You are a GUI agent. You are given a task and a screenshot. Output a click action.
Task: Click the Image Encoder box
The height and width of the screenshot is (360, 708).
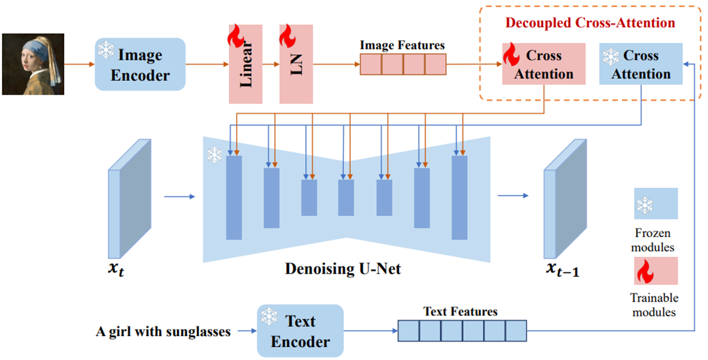click(139, 64)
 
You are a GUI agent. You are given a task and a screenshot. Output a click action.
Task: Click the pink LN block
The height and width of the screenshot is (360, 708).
click(296, 64)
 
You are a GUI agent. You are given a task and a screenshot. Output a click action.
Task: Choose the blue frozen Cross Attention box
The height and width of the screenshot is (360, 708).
click(641, 64)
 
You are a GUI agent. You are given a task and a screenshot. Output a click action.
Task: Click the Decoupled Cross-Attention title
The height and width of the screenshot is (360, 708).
click(590, 23)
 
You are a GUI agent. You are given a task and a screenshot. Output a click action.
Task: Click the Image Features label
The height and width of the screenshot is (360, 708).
click(402, 45)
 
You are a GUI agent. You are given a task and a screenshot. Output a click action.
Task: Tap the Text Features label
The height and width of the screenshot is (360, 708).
click(460, 311)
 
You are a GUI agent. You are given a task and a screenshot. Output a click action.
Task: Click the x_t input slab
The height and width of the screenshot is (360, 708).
click(129, 197)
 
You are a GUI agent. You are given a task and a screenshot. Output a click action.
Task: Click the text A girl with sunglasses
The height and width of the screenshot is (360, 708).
click(163, 332)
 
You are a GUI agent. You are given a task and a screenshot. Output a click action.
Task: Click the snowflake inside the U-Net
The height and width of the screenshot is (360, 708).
click(213, 156)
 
